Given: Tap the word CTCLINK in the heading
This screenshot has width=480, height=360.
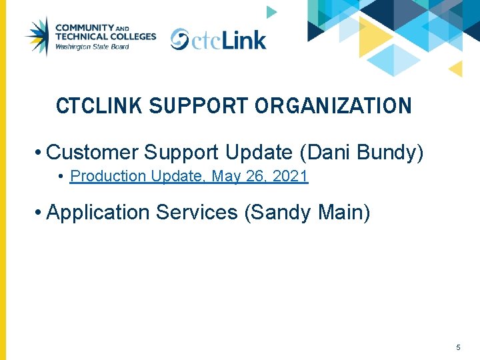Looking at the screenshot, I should [x=99, y=106].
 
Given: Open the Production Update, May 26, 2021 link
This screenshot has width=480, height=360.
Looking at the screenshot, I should [x=189, y=177].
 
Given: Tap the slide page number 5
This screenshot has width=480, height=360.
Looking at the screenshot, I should [x=458, y=347].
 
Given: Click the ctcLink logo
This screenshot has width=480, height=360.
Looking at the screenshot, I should [x=218, y=39].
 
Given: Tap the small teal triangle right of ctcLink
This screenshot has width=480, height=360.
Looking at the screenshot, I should [x=271, y=12].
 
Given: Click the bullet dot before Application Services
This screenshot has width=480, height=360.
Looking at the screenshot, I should [x=40, y=213].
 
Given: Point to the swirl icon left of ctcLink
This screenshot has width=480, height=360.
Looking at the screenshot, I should [x=180, y=39].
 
